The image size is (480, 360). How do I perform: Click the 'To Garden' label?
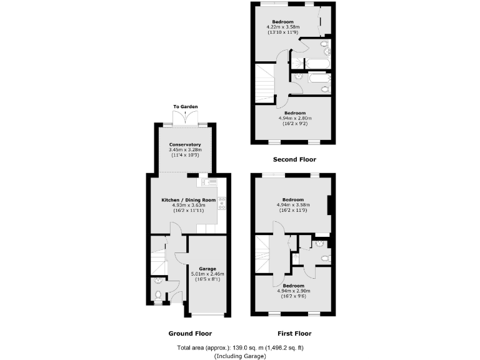186,107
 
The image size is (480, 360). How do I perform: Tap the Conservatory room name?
185,144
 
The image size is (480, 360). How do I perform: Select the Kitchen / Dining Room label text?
189,199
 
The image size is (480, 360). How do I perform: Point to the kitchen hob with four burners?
222,202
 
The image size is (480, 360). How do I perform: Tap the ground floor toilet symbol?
157,294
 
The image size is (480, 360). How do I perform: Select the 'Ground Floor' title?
190,333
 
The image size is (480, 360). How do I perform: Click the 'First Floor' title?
294,333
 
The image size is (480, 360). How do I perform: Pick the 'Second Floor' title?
294,159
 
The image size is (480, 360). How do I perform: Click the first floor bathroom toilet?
324,257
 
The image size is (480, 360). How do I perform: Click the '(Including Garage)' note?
240,356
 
